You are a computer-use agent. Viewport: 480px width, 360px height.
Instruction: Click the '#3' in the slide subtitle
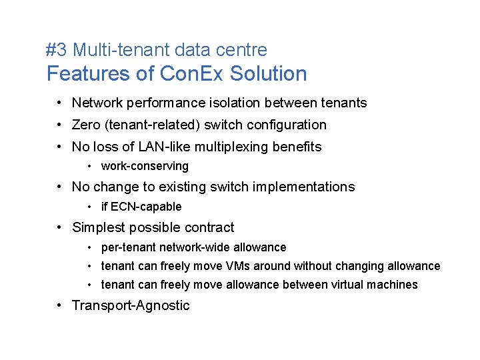click(x=57, y=50)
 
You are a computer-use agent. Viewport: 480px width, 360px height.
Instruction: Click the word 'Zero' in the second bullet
click(x=86, y=125)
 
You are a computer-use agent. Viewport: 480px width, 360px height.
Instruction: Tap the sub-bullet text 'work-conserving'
click(x=145, y=166)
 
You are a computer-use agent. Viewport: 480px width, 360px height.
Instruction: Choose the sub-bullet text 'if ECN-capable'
click(x=141, y=207)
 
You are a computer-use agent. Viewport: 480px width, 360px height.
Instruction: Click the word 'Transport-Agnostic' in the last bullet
click(x=131, y=305)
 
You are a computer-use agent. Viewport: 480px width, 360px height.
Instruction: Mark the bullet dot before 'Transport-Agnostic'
click(x=60, y=305)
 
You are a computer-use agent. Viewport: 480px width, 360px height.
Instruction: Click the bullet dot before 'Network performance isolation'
click(x=60, y=103)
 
